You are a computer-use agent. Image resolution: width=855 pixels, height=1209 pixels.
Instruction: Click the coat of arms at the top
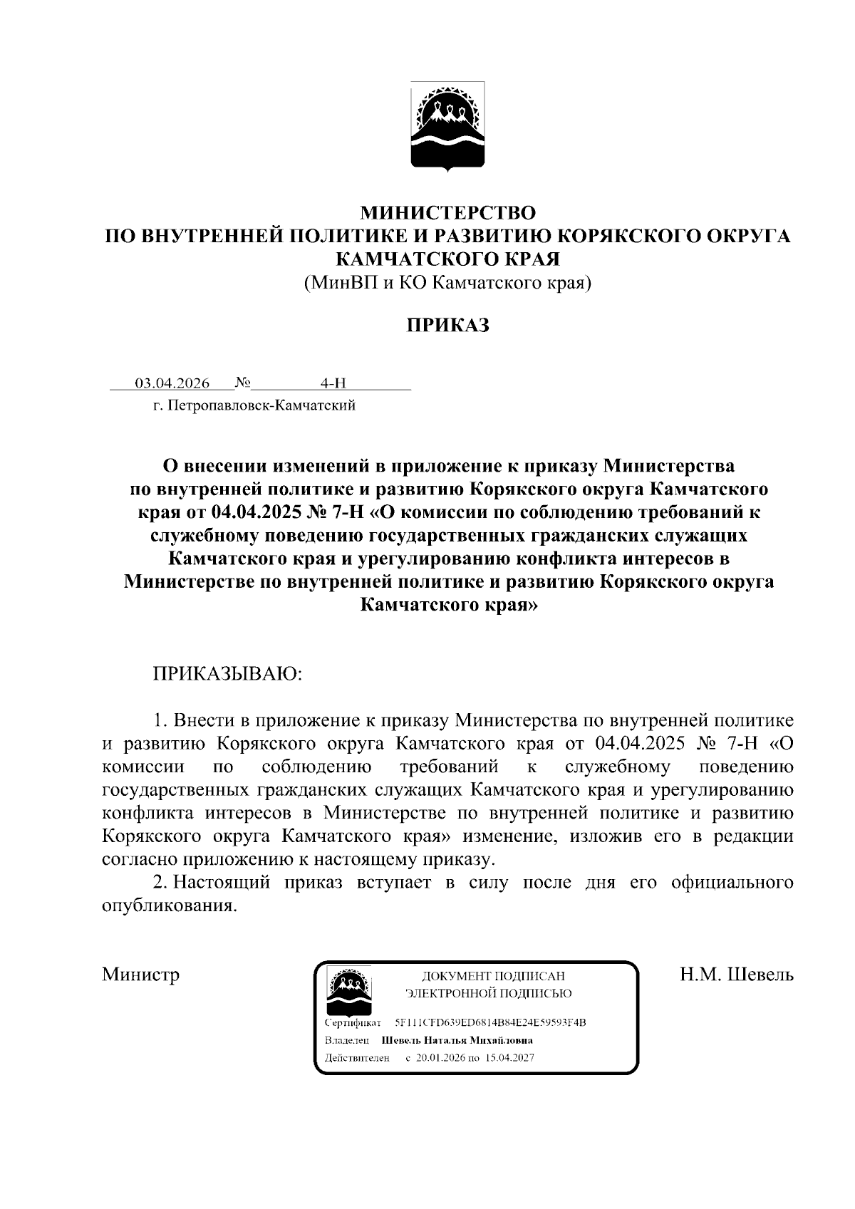[447, 126]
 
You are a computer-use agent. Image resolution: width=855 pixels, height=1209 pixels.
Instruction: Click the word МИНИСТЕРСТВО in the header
[447, 212]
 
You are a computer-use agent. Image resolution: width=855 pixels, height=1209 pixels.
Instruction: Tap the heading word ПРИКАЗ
[447, 326]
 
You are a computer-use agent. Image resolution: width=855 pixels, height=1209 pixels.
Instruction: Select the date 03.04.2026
[172, 383]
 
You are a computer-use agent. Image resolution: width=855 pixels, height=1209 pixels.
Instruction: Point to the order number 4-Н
[333, 383]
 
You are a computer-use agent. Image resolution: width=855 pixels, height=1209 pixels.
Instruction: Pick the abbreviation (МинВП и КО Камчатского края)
[447, 283]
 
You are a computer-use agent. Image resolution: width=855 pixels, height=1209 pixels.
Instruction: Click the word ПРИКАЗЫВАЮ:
[228, 673]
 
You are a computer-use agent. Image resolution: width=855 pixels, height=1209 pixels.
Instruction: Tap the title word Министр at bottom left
[140, 974]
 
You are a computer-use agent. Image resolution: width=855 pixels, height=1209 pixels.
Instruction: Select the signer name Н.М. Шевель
[736, 974]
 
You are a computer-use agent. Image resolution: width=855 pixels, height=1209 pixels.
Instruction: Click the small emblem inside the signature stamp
[348, 991]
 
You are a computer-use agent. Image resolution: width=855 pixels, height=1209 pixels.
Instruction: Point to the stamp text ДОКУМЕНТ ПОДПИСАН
[493, 976]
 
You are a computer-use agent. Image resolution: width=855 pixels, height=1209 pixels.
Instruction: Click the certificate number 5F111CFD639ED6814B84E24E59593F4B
[490, 1023]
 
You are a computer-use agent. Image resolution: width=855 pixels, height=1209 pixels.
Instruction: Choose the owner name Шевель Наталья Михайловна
[457, 1040]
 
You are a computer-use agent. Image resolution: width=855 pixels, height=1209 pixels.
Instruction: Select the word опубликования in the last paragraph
[169, 906]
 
